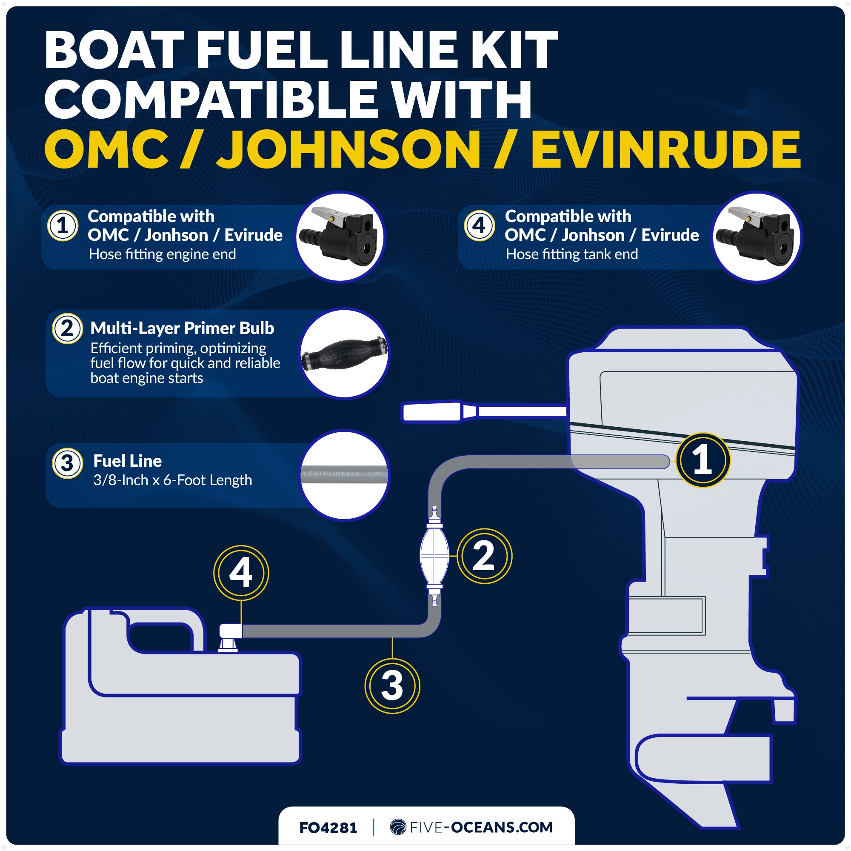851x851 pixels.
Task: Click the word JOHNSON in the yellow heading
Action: (x=348, y=150)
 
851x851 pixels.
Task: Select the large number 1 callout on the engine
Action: (x=703, y=460)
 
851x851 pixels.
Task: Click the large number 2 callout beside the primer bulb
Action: (x=484, y=556)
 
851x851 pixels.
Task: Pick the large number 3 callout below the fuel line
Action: (x=392, y=686)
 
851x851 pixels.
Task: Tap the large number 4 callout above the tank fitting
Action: (x=241, y=573)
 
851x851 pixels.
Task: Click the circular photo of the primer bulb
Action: (x=345, y=354)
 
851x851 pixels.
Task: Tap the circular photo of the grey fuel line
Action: (x=345, y=475)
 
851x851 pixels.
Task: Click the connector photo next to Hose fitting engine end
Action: (x=340, y=237)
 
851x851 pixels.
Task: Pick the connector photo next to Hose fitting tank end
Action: (x=757, y=237)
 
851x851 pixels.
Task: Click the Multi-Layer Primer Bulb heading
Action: (x=182, y=328)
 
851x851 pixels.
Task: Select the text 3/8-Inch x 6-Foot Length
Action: (x=172, y=480)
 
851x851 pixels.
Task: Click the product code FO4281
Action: (x=328, y=828)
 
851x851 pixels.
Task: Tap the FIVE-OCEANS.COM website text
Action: (x=480, y=827)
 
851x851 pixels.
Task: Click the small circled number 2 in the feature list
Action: (x=67, y=328)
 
